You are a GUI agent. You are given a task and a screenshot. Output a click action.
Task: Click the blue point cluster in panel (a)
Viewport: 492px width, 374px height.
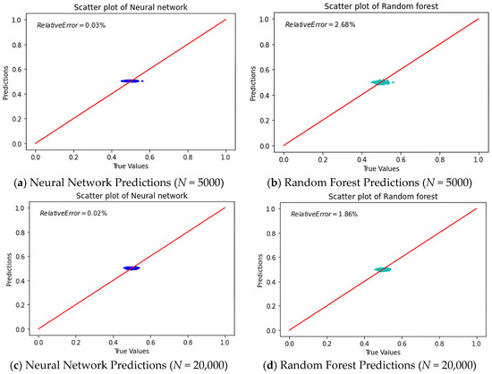pos(130,81)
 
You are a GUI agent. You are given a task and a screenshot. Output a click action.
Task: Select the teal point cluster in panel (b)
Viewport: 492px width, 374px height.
pos(380,82)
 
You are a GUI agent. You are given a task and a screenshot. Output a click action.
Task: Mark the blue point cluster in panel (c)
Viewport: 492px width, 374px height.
pos(131,268)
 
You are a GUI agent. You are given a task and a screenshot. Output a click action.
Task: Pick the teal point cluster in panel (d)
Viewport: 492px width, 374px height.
pos(383,269)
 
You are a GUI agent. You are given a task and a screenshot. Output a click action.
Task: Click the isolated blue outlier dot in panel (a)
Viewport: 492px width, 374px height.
pos(142,81)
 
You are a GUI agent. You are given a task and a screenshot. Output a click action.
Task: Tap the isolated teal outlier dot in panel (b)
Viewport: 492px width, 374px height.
pos(394,82)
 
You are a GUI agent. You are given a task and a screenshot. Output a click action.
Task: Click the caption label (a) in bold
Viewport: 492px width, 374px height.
pos(21,183)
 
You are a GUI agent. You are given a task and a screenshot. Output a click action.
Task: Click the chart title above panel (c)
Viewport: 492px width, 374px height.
pos(131,196)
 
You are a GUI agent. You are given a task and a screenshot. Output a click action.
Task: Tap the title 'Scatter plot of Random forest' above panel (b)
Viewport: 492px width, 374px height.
pos(381,6)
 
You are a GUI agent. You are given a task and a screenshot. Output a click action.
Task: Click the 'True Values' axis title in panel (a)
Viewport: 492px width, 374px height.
pos(131,166)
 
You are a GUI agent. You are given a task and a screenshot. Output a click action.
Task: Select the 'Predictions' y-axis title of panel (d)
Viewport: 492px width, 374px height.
pos(259,270)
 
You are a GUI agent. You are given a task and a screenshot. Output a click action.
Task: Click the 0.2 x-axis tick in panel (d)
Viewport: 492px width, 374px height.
pos(327,344)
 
